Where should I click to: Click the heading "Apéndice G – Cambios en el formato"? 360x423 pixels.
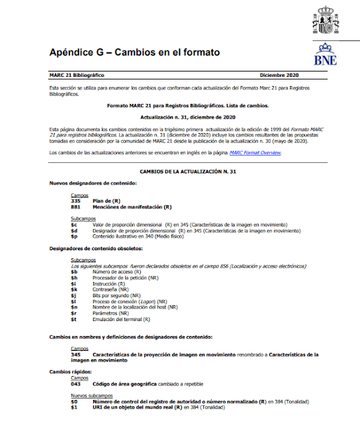(x=134, y=52)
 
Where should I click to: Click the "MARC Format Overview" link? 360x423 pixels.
(x=255, y=153)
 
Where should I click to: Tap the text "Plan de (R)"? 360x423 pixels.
(x=107, y=200)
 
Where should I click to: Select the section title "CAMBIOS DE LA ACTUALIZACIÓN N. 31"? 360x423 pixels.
(x=180, y=172)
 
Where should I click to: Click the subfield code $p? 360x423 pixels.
(x=74, y=236)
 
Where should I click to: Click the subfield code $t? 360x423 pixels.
(x=74, y=319)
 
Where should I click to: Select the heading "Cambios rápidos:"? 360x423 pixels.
(x=69, y=372)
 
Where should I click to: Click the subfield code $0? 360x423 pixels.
(x=74, y=401)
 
